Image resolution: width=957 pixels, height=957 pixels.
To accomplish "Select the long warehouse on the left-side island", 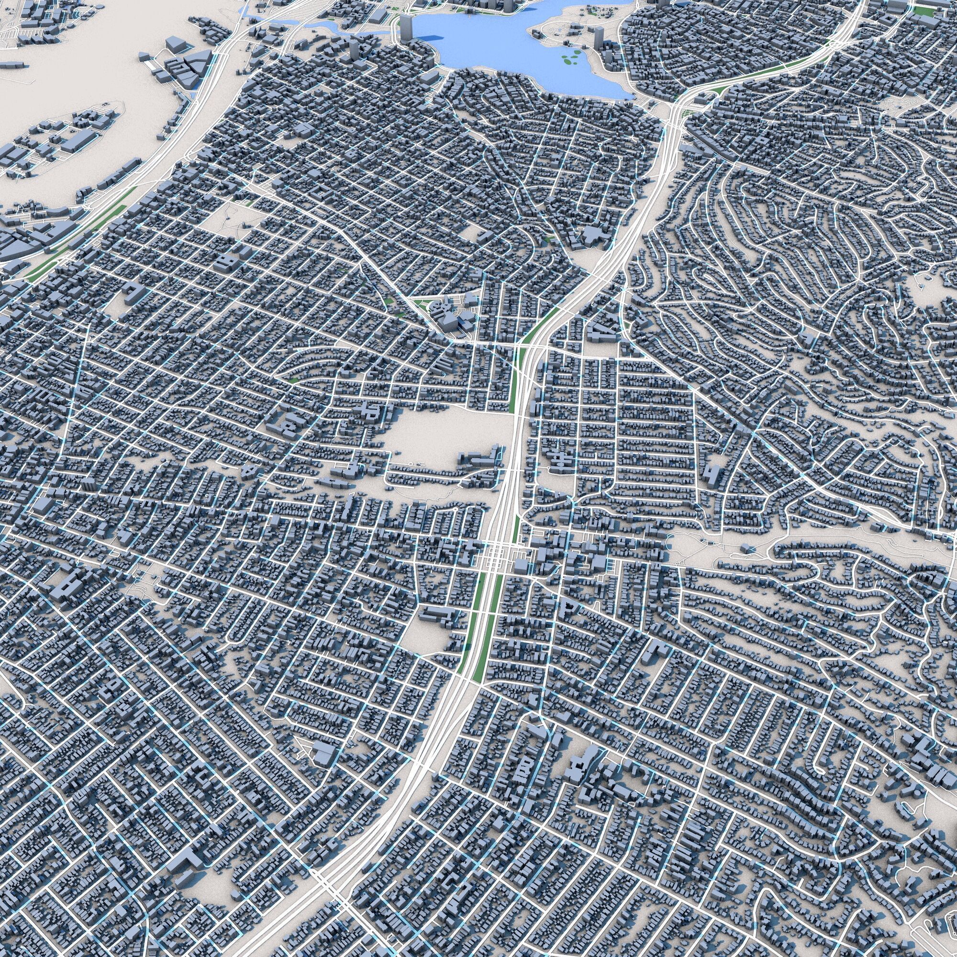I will click(77, 141).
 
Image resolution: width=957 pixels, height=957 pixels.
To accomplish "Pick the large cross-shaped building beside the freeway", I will click(592, 237).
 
